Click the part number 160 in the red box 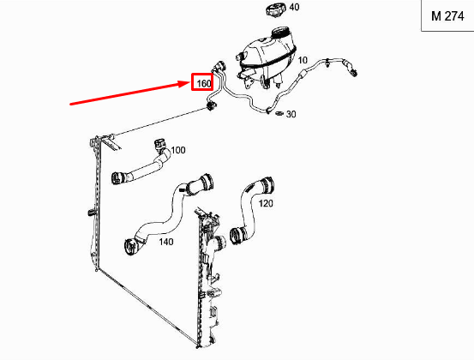click(204, 83)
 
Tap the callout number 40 click(294, 8)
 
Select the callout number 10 click(303, 60)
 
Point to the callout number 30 click(291, 114)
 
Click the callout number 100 click(177, 151)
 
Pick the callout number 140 click(165, 243)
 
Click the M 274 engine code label click(447, 17)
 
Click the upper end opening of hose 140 click(206, 182)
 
